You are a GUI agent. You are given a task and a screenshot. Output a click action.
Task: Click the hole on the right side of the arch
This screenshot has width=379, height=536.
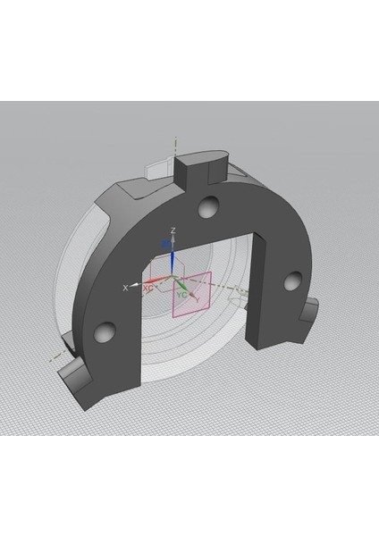291,281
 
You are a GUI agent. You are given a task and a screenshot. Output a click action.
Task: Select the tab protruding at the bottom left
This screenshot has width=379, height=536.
76,381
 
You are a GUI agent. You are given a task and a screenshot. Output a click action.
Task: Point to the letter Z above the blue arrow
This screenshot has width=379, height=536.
173,230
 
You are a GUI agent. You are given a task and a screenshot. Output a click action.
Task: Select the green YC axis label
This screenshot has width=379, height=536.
182,294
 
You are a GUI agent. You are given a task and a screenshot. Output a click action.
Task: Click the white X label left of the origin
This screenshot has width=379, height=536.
125,287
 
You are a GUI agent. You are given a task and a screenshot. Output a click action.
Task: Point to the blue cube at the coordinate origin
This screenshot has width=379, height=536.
165,243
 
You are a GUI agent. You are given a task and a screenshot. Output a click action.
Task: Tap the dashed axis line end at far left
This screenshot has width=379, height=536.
45,361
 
